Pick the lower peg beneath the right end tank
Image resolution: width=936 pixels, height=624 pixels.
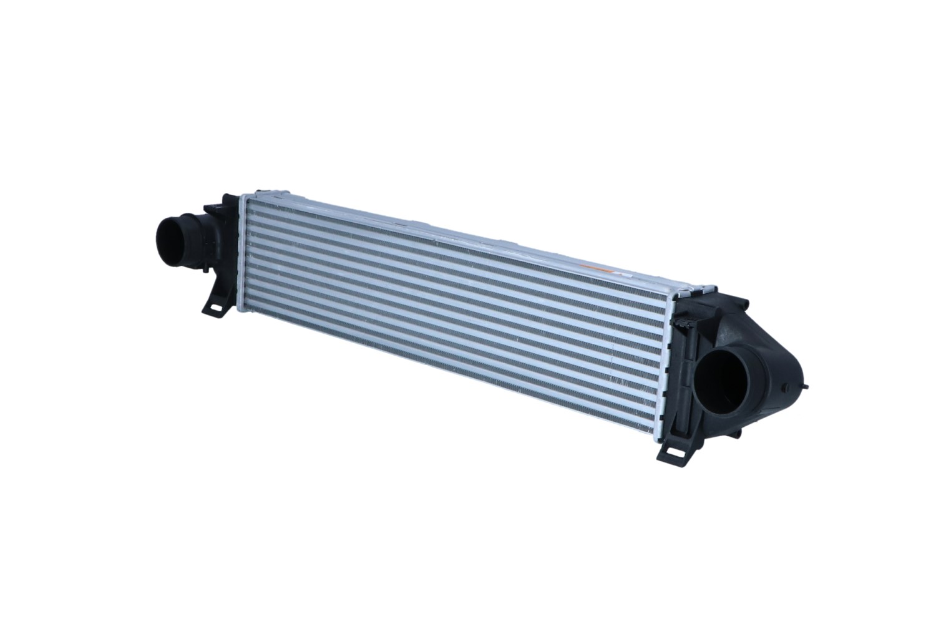737,432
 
